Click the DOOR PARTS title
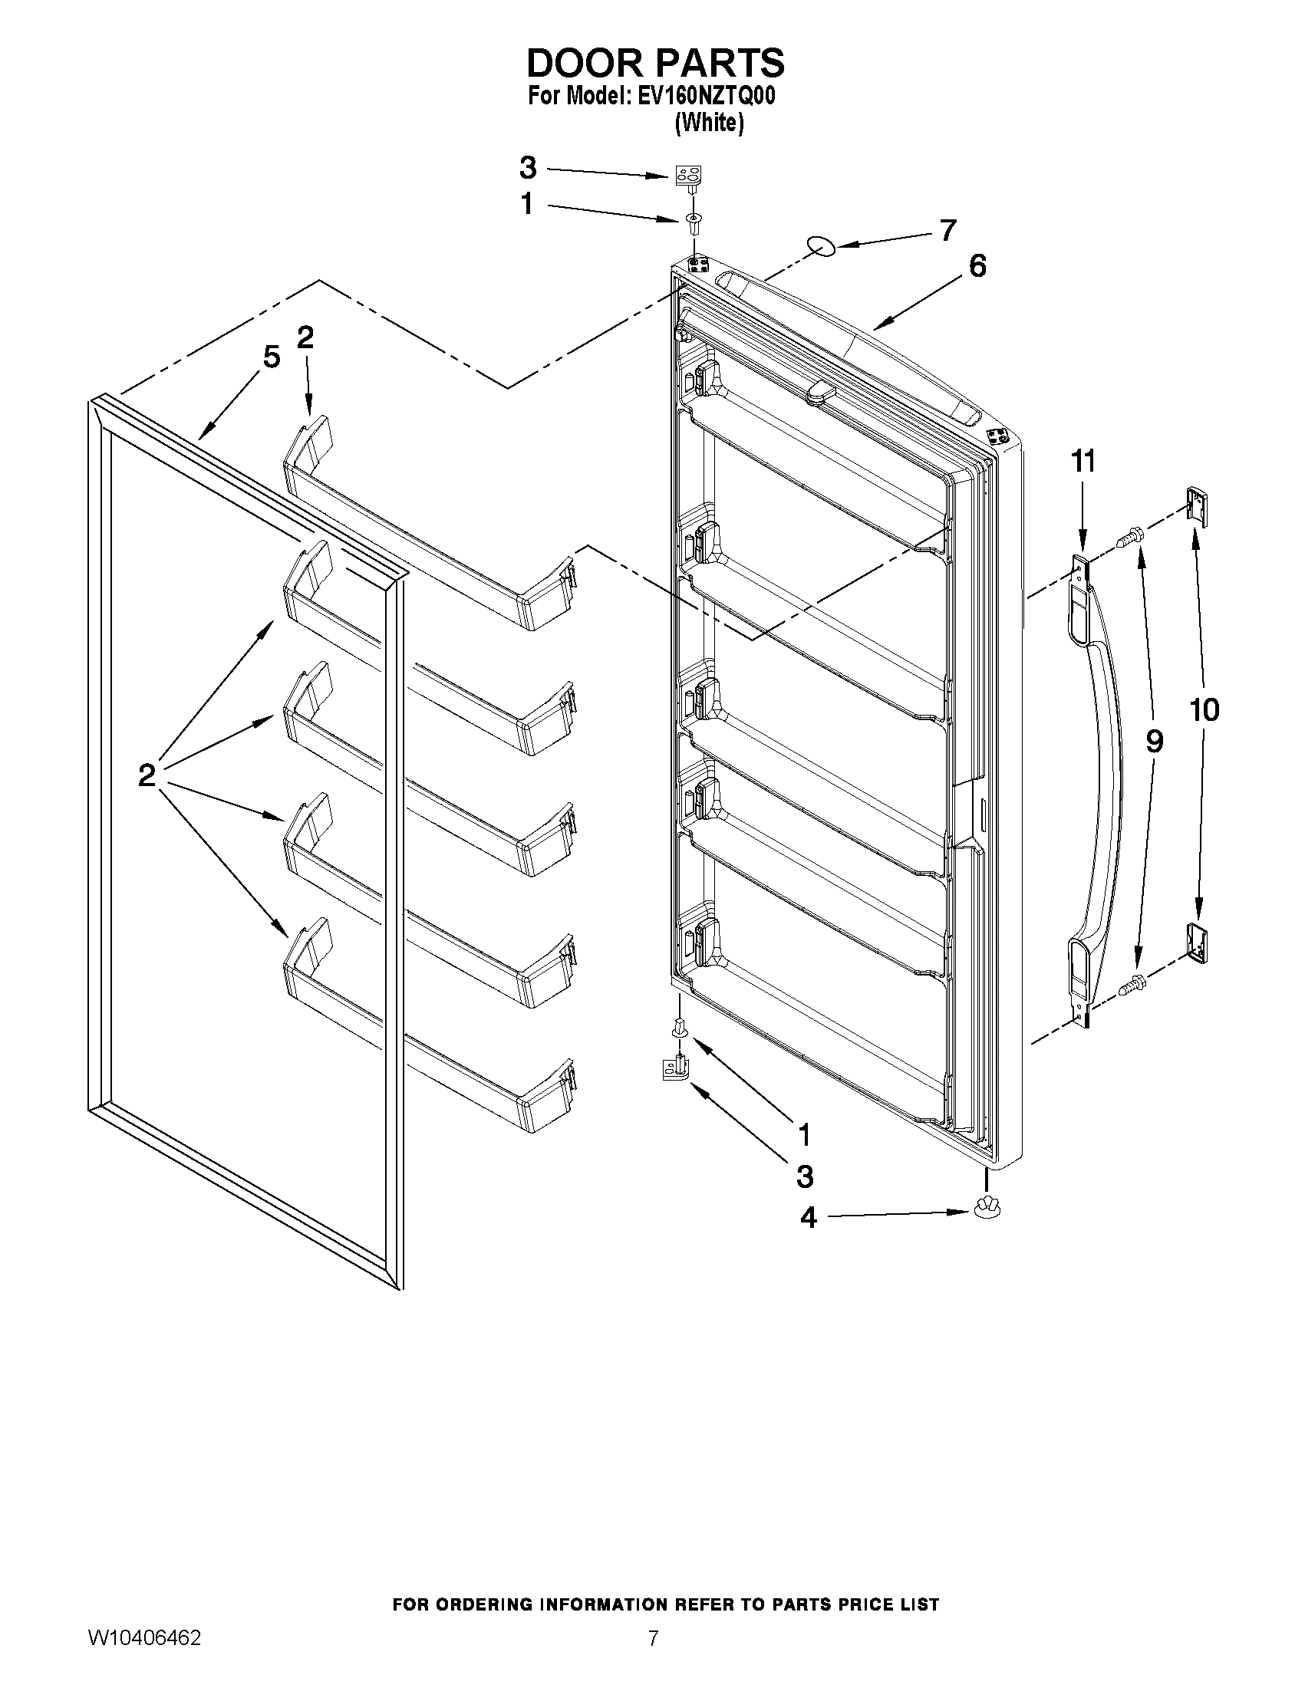pyautogui.click(x=655, y=62)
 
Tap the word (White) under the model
pyautogui.click(x=709, y=123)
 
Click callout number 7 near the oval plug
pyautogui.click(x=947, y=229)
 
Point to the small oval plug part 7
pyautogui.click(x=821, y=245)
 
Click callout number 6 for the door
pyautogui.click(x=977, y=266)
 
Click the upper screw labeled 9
pyautogui.click(x=1130, y=533)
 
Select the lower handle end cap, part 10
pyautogui.click(x=1197, y=944)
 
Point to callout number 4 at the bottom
pyautogui.click(x=808, y=1218)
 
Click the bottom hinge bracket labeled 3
pyautogui.click(x=675, y=1073)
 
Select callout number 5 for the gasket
pyautogui.click(x=271, y=357)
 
